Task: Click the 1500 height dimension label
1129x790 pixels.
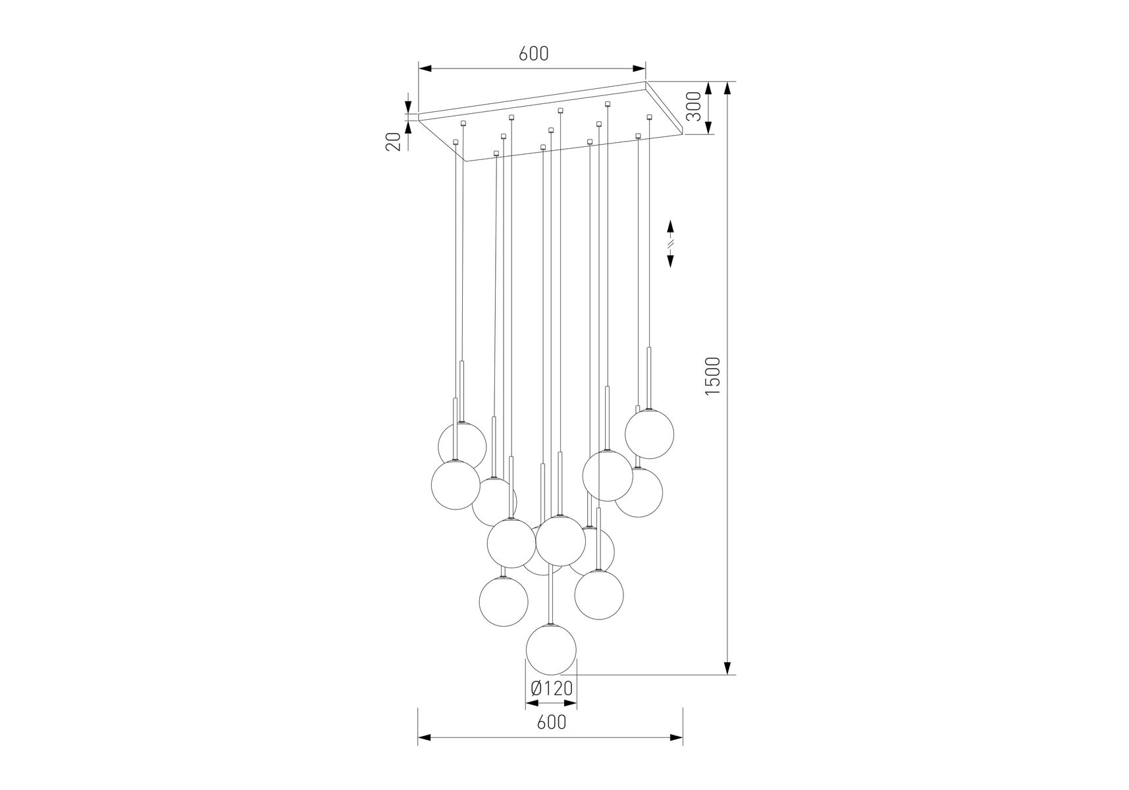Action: pos(713,376)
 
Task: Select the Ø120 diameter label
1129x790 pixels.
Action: pos(552,689)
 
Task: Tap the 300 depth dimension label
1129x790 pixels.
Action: pos(693,107)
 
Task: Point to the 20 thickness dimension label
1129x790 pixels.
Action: pos(394,142)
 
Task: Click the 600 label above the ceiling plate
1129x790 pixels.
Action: pos(533,53)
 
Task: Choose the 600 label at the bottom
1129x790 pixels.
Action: pos(552,722)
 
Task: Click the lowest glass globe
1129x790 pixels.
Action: pos(551,649)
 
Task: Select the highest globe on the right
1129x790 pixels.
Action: pos(649,434)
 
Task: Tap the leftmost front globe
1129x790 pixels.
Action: pos(456,484)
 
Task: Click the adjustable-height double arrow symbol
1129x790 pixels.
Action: pos(671,244)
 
